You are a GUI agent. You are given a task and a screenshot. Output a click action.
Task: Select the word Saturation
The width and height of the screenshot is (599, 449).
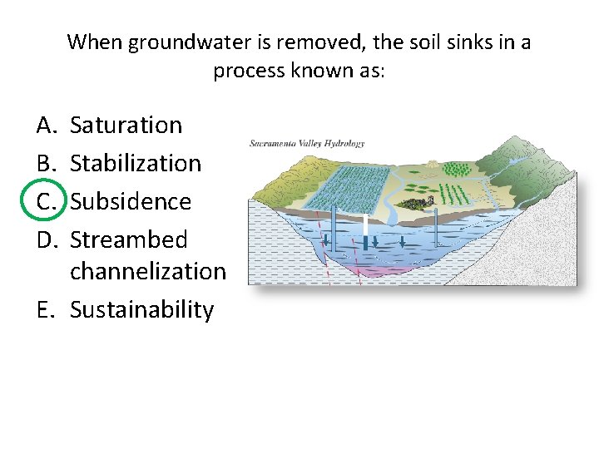tap(126, 126)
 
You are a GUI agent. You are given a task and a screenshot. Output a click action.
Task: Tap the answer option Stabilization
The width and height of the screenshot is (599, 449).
tap(136, 163)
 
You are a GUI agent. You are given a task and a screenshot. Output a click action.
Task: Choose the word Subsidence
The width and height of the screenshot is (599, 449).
tap(131, 201)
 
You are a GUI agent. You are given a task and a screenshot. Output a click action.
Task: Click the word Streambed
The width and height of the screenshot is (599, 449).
tap(129, 239)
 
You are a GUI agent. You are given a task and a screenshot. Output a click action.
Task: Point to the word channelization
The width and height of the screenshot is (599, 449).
tap(148, 271)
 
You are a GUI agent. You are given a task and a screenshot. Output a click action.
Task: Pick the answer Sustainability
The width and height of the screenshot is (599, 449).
tap(141, 309)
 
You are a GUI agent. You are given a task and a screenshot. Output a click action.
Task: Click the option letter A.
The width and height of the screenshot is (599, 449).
tap(46, 126)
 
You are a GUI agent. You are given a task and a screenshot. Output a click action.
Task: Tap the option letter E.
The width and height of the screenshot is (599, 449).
tap(46, 309)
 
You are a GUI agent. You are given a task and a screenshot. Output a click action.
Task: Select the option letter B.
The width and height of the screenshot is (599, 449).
tap(46, 163)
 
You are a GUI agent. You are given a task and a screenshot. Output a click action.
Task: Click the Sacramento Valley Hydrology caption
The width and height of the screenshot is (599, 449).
tap(307, 143)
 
